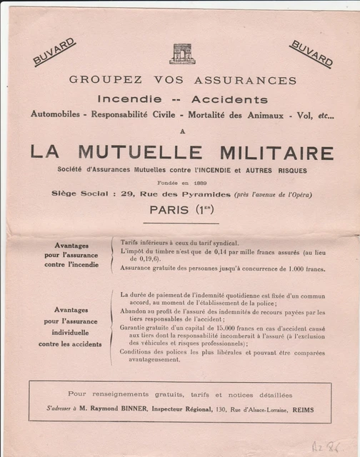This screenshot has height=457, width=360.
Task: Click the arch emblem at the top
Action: coord(182,54)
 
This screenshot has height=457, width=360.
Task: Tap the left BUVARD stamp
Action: coord(54,52)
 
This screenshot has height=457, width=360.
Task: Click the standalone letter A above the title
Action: coord(181,131)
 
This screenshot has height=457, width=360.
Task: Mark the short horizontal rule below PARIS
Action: coord(181,224)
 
